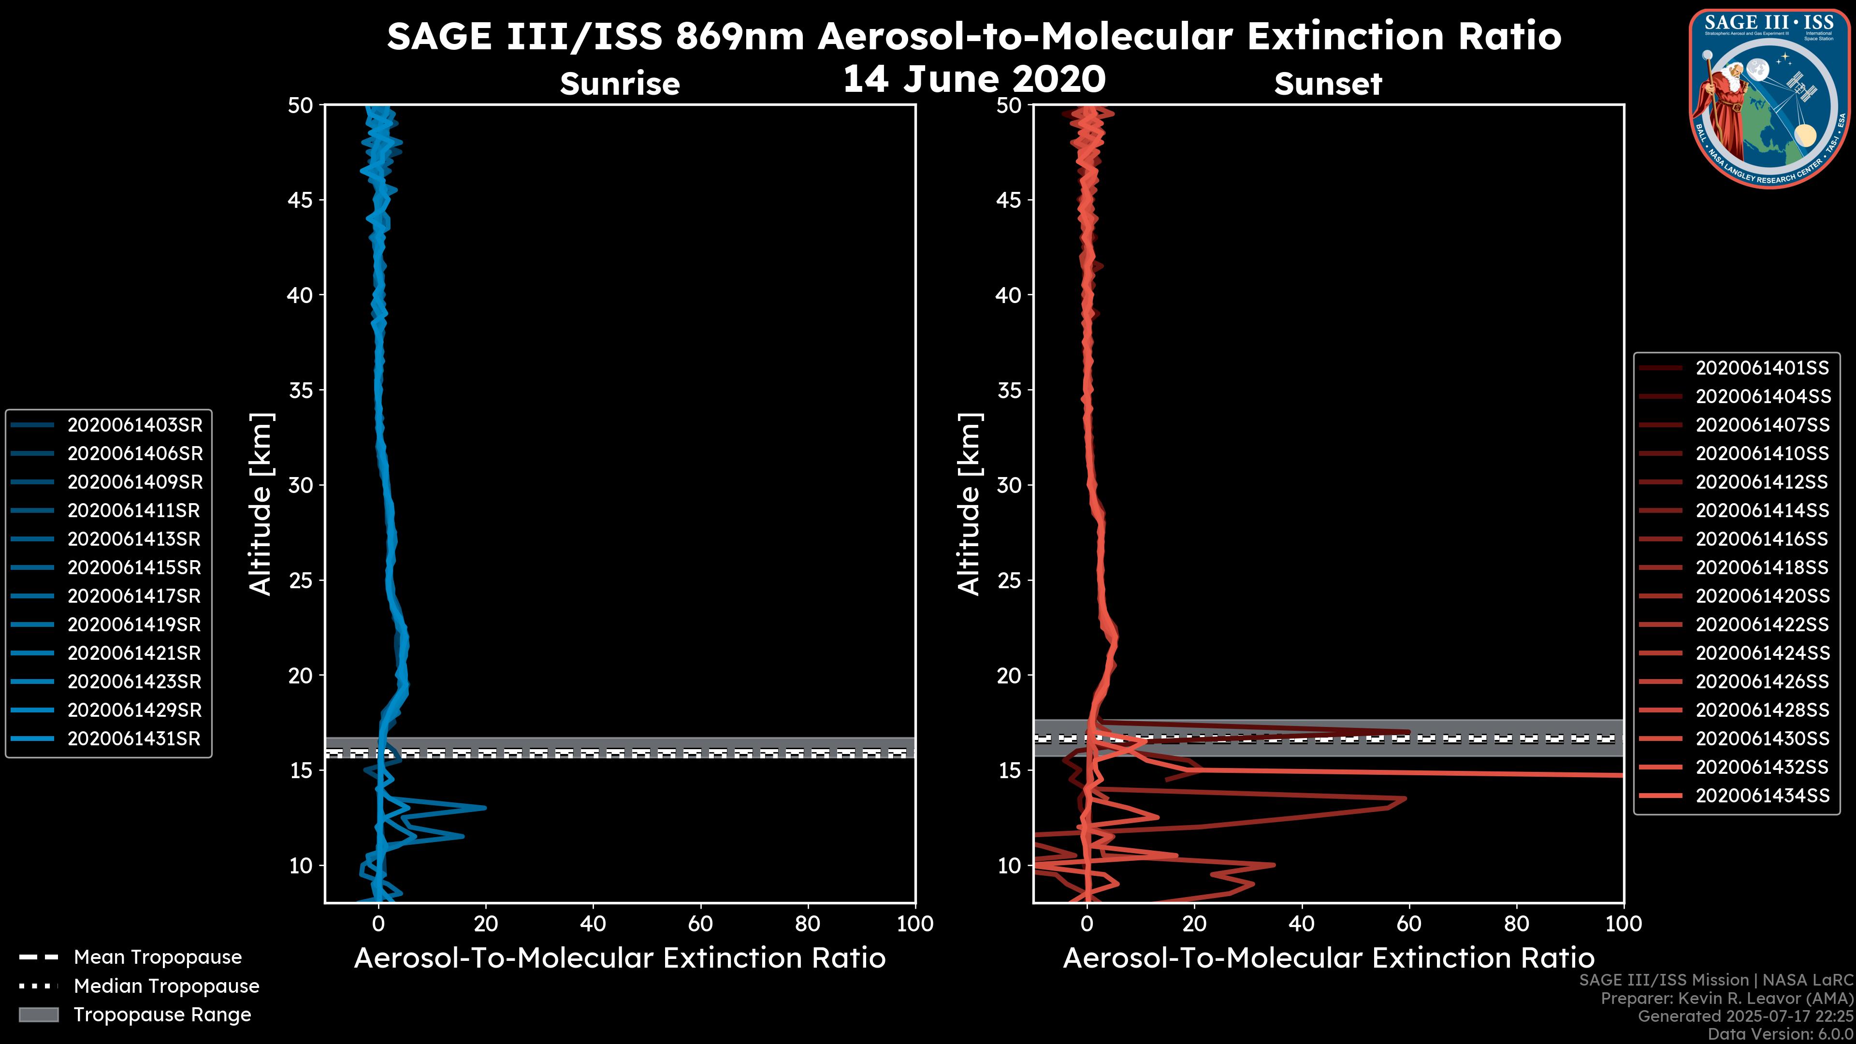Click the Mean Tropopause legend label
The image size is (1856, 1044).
[x=158, y=957]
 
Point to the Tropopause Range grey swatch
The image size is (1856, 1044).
[x=39, y=1015]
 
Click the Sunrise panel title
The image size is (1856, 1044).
[x=620, y=84]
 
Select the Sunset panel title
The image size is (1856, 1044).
[x=1328, y=84]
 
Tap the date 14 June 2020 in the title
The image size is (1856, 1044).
[x=974, y=79]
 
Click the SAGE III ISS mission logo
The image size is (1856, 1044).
[x=1769, y=99]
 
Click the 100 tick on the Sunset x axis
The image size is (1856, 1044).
[x=1624, y=924]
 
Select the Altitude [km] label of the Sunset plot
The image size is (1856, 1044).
[x=969, y=504]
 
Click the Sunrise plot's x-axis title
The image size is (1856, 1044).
[x=620, y=958]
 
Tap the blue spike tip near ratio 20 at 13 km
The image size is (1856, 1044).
[x=484, y=808]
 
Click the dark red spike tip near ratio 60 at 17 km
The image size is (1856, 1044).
[x=1408, y=733]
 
